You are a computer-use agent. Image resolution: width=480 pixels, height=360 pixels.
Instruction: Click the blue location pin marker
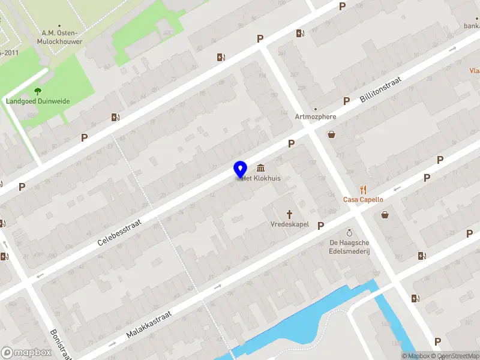[240, 169]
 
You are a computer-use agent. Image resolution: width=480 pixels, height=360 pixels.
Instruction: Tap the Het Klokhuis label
[262, 178]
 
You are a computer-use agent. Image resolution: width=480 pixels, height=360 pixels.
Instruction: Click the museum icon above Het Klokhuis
[261, 167]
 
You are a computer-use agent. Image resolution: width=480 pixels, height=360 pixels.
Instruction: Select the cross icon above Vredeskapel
[289, 214]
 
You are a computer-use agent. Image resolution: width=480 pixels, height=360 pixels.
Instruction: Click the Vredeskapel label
[289, 224]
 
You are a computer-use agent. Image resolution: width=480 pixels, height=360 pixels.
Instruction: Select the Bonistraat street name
[61, 344]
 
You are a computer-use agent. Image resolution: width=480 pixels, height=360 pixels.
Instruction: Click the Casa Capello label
[363, 199]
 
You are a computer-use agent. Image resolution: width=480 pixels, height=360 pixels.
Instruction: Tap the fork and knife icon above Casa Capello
[363, 189]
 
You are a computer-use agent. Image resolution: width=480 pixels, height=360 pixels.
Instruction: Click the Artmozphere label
[316, 116]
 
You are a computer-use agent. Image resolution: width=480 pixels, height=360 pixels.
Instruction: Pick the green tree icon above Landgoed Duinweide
[38, 91]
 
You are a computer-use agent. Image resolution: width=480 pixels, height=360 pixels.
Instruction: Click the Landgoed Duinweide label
[38, 101]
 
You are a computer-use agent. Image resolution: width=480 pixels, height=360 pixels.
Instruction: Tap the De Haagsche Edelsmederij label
[349, 246]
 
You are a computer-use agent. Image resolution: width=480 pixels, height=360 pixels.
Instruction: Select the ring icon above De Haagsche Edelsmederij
[349, 232]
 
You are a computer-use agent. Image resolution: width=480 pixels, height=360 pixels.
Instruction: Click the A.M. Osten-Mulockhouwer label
[61, 37]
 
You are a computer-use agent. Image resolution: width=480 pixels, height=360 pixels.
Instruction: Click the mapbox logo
[26, 353]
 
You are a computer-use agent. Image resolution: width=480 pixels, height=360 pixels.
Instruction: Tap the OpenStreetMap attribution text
[457, 356]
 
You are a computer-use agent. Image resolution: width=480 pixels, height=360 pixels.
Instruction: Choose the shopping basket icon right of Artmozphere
[331, 134]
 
